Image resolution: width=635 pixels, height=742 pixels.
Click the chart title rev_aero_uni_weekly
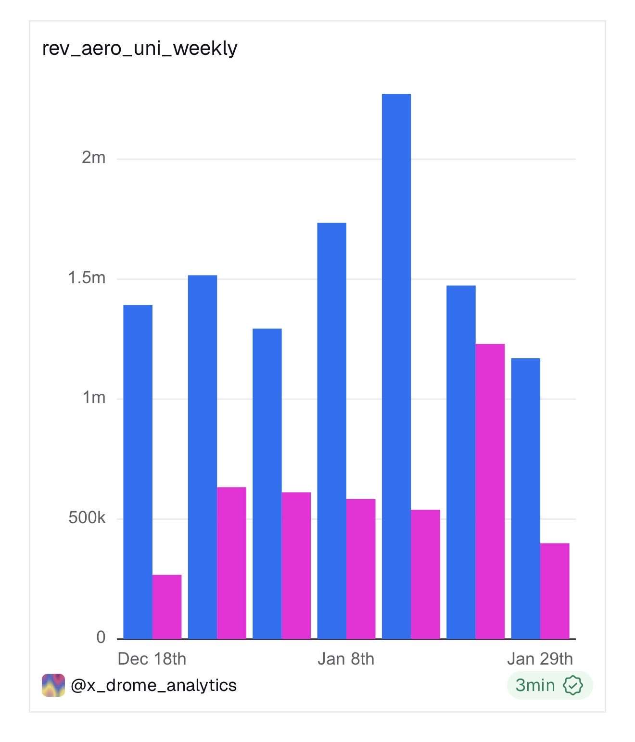[x=140, y=48]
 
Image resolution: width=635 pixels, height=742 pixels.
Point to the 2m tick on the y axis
[x=93, y=157]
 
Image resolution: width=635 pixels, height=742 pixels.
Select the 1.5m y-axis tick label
[x=87, y=277]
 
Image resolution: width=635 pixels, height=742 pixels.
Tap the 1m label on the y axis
[x=94, y=398]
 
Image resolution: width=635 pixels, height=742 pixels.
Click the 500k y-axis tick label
[x=87, y=518]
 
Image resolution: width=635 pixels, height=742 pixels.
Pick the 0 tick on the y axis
[x=101, y=637]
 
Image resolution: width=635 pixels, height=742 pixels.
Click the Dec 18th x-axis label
[x=152, y=659]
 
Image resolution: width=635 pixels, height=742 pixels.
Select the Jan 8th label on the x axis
[x=345, y=659]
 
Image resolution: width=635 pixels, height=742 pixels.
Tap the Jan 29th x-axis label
[x=540, y=659]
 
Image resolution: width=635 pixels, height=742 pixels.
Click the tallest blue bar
[x=396, y=365]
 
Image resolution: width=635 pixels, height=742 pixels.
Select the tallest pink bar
[x=490, y=490]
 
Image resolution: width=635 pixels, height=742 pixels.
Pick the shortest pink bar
[x=167, y=607]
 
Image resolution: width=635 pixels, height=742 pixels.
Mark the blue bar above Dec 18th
[x=138, y=471]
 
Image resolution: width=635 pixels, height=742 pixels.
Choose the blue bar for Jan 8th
[x=332, y=430]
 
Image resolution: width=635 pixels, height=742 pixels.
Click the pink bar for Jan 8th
[x=361, y=569]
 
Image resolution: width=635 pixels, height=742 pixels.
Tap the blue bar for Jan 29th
[x=525, y=498]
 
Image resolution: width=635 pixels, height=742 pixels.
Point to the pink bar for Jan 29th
[x=555, y=591]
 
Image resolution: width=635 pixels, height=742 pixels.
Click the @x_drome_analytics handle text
[x=153, y=685]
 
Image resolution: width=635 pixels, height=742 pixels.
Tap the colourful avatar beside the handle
[x=53, y=685]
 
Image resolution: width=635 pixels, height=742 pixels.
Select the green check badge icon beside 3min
[x=573, y=685]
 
